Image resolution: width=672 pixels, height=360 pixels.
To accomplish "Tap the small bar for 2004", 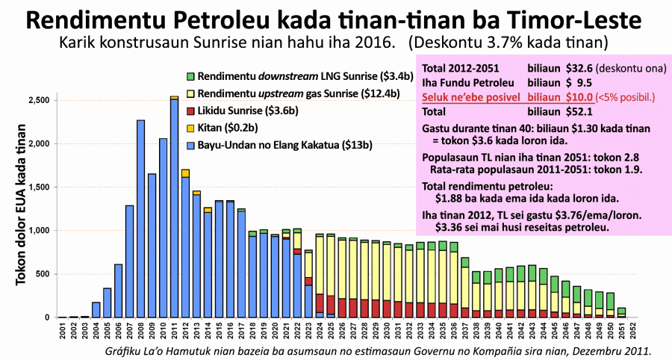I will point(96,310).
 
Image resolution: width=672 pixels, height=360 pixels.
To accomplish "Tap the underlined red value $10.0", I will point(579,96).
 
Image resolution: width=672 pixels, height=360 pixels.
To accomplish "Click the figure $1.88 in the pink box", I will point(450,199).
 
